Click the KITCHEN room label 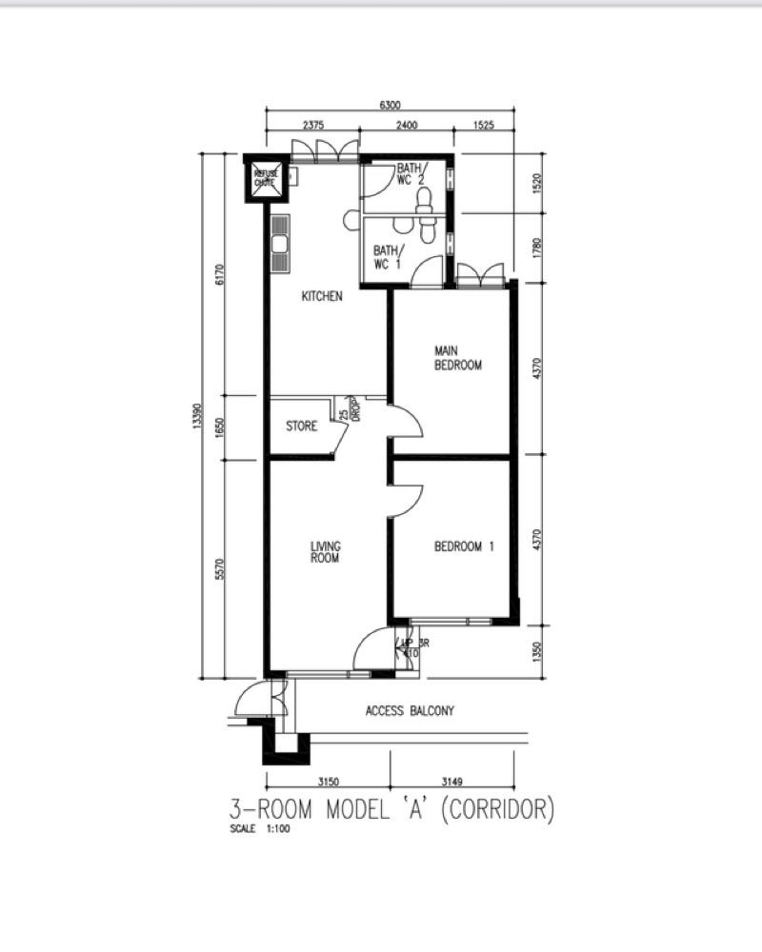(x=322, y=297)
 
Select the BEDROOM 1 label (x=465, y=546)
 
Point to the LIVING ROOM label (x=326, y=552)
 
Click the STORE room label (x=302, y=426)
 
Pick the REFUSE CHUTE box (x=265, y=178)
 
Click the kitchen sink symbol (x=280, y=245)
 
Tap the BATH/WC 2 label (x=412, y=174)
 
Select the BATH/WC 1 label (x=388, y=257)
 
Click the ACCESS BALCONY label (x=410, y=711)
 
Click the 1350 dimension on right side (x=537, y=652)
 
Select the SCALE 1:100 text (x=259, y=829)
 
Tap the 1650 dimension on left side (x=220, y=426)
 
